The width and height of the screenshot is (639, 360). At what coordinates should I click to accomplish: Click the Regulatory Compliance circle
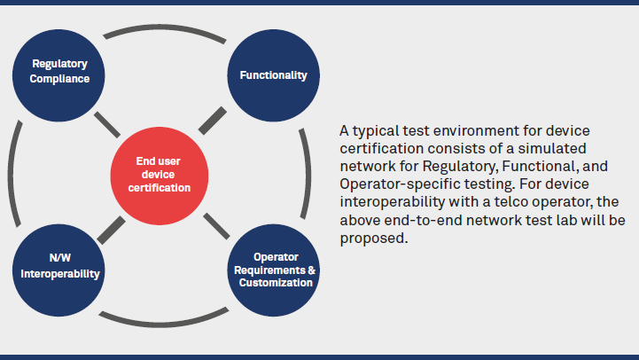tap(60, 71)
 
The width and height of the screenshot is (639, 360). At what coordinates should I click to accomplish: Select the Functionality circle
tap(273, 75)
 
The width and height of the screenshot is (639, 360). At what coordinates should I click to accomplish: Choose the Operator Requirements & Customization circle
tap(276, 270)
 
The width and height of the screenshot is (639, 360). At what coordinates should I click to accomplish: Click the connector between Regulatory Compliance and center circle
tap(107, 123)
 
